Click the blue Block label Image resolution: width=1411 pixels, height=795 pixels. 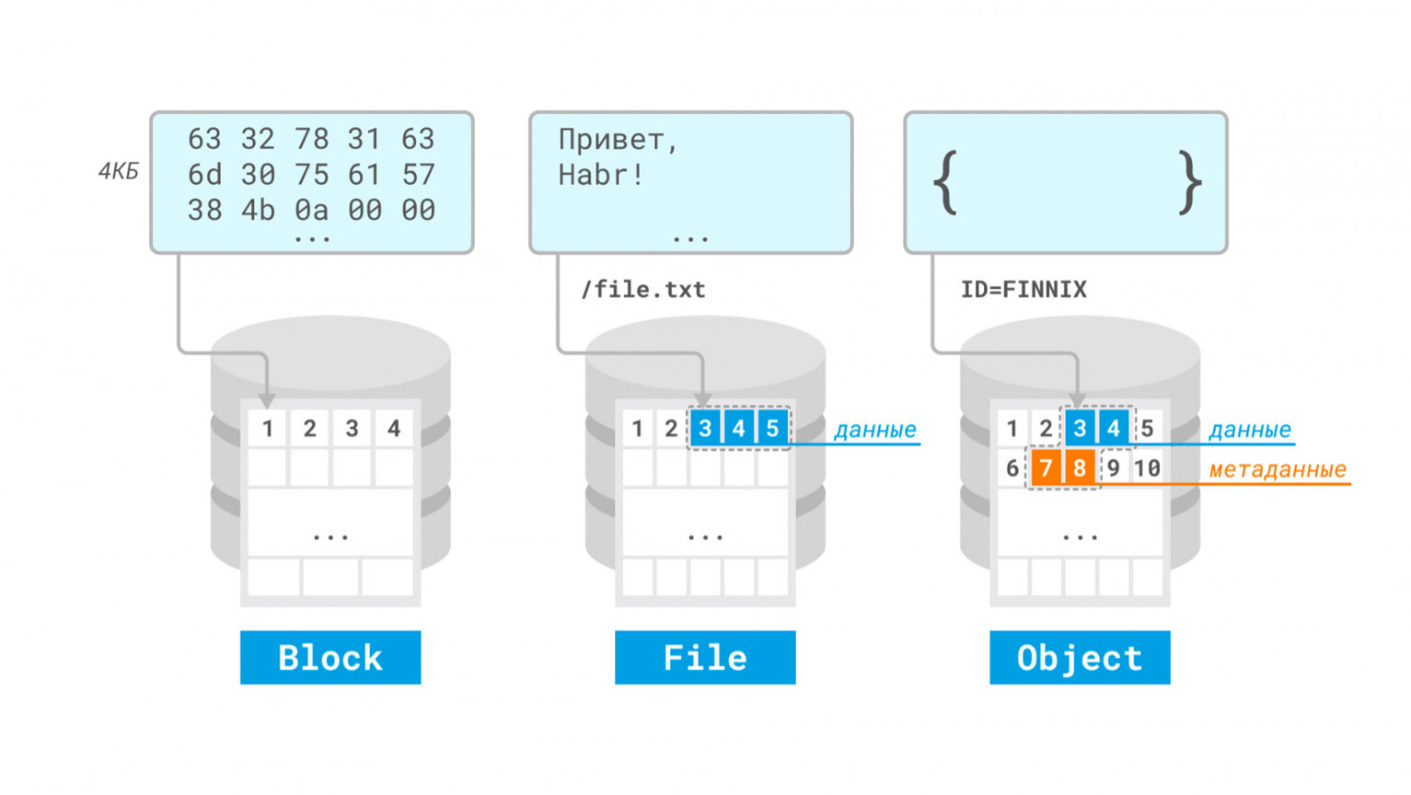pyautogui.click(x=330, y=657)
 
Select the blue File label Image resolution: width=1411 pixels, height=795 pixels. pyautogui.click(x=705, y=657)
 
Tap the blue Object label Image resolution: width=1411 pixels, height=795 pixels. pyautogui.click(x=1080, y=657)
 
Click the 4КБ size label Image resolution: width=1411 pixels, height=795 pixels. pyautogui.click(x=119, y=171)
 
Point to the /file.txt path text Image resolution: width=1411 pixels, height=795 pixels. pyautogui.click(x=643, y=289)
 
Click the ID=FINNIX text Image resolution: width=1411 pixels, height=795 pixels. pyautogui.click(x=1024, y=289)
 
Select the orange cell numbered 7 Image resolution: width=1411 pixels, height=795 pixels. pyautogui.click(x=1046, y=467)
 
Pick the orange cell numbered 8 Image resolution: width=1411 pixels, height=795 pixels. pyautogui.click(x=1079, y=467)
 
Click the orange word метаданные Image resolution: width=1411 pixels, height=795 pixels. pyautogui.click(x=1278, y=469)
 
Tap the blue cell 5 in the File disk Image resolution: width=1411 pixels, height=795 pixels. pyautogui.click(x=772, y=429)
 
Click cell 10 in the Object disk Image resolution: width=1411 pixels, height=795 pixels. pyautogui.click(x=1147, y=467)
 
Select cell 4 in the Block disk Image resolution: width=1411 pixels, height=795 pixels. pyautogui.click(x=394, y=429)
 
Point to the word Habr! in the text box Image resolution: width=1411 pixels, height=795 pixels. pyautogui.click(x=600, y=175)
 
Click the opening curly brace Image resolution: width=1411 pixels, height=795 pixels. pyautogui.click(x=945, y=183)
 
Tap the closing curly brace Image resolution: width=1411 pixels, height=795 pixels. pyautogui.click(x=1190, y=183)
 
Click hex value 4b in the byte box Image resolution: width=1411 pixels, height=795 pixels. pyautogui.click(x=258, y=210)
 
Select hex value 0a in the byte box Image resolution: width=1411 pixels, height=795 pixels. pyautogui.click(x=311, y=210)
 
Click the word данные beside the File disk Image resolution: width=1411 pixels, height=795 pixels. pyautogui.click(x=875, y=430)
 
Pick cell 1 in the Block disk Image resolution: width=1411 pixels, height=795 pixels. pyautogui.click(x=267, y=429)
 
